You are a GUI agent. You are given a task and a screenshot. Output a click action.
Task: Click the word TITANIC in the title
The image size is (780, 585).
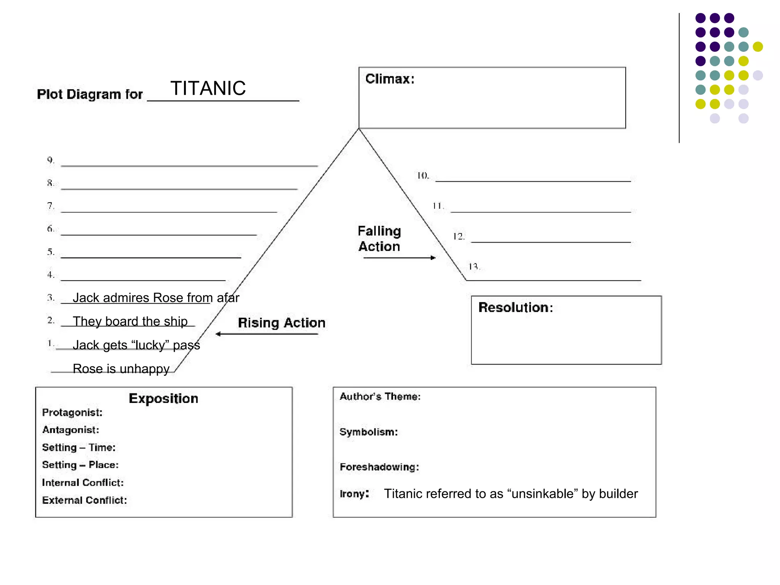pos(208,88)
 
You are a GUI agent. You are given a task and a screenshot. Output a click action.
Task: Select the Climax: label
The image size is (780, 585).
pos(390,79)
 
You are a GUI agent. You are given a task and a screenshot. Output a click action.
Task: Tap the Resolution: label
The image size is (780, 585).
pos(515,307)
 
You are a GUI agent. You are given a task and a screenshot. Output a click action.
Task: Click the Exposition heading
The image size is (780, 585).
pos(163,398)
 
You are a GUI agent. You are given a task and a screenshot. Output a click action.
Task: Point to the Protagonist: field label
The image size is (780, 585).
pos(72,412)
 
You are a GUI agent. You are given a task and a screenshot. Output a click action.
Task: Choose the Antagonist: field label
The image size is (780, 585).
pos(71,430)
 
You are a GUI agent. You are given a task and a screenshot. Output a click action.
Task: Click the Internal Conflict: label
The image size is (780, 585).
pos(83,483)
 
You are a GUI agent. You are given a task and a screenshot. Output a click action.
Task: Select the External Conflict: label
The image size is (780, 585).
pos(85,500)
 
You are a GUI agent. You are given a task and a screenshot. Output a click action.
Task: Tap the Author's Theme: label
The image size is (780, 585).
pos(380,396)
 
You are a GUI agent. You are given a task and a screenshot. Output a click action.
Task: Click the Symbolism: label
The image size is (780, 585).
pos(369,432)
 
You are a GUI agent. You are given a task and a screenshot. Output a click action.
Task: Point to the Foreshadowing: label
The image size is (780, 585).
pos(379,467)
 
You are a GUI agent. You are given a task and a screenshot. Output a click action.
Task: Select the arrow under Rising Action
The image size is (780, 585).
pos(267,334)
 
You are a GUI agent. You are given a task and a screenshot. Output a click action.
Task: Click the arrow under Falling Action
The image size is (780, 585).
pos(399,258)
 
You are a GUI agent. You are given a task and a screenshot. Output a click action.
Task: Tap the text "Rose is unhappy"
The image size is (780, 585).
pos(121,369)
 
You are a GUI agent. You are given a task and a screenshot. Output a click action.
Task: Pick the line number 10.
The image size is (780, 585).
pos(423,176)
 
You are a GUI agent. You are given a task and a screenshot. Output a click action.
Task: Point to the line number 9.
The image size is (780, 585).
pos(51,160)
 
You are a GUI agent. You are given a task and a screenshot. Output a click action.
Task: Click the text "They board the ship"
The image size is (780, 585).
pos(130,321)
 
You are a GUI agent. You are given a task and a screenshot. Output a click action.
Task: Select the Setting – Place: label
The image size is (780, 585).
pos(80,465)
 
